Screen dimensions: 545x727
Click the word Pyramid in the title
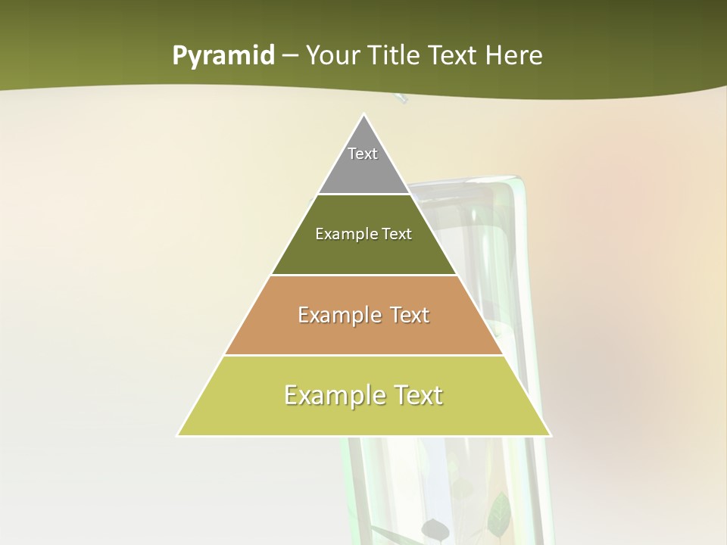(223, 56)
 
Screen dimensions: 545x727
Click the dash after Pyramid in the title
(289, 56)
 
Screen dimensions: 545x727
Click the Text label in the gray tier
(363, 154)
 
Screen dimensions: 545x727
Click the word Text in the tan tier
(410, 315)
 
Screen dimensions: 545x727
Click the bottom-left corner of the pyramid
(179, 435)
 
